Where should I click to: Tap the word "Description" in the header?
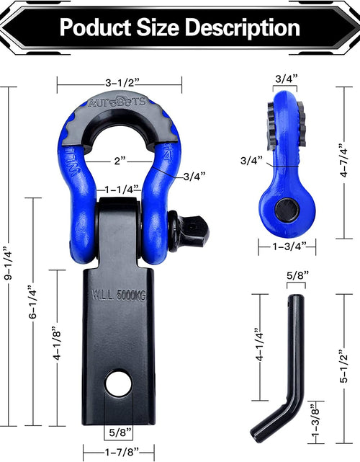242,28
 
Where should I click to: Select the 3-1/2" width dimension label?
120,81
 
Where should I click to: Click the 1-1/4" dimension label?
119,190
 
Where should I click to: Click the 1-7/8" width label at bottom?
119,453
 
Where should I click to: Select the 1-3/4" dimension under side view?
287,246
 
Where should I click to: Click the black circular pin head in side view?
287,210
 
